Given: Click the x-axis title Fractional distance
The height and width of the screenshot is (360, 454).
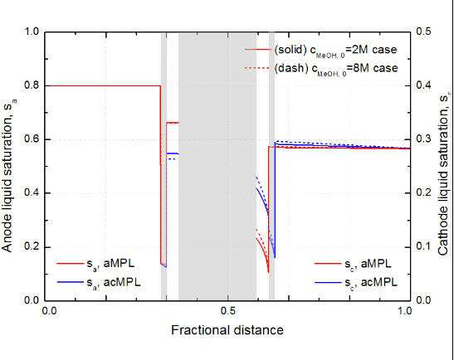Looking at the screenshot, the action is click(227, 330).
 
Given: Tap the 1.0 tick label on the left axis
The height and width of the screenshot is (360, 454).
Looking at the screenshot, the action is click(31, 32).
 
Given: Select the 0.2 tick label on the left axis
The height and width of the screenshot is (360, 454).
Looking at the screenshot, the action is click(31, 247).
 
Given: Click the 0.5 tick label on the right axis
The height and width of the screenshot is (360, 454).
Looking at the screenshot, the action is click(422, 32).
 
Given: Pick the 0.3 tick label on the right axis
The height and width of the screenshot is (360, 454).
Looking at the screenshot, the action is click(422, 139).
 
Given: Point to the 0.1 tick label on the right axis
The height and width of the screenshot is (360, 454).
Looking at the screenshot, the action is click(422, 246).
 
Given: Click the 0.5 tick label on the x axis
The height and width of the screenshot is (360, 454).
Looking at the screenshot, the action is click(228, 311).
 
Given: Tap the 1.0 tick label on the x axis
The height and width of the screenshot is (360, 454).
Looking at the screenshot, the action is click(404, 311).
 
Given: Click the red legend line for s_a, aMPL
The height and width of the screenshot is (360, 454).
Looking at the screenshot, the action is click(71, 264).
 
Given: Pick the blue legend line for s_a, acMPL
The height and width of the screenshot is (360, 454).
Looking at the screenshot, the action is click(71, 282).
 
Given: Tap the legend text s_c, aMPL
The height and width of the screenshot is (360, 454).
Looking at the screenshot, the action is click(368, 264).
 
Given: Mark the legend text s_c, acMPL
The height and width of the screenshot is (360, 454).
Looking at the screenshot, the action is click(371, 282).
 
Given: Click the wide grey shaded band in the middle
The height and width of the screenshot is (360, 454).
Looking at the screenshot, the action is click(217, 166).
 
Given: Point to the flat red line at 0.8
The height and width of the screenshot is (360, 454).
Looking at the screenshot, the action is click(102, 85).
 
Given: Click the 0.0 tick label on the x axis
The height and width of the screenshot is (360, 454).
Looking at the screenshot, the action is click(50, 311).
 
